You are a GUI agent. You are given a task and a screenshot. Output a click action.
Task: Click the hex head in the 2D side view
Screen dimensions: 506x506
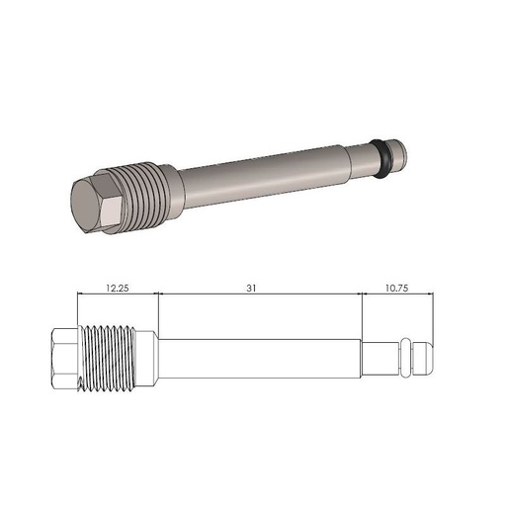[x=62, y=357]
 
